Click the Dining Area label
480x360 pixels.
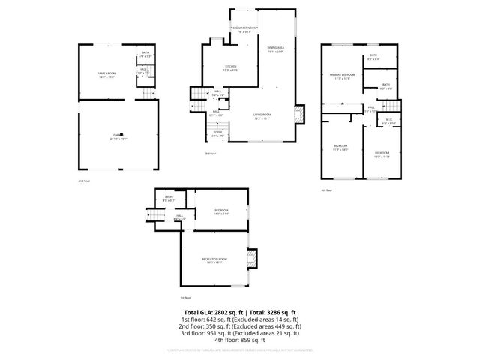pyautogui.click(x=275, y=49)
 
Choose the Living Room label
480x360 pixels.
pyautogui.click(x=262, y=116)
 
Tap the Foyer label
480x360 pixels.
pyautogui.click(x=217, y=136)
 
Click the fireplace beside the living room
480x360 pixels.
pyautogui.click(x=300, y=115)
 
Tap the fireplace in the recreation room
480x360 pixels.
pyautogui.click(x=253, y=259)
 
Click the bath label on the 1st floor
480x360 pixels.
pyautogui.click(x=169, y=199)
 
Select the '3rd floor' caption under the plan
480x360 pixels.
pyautogui.click(x=211, y=154)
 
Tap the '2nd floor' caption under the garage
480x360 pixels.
pyautogui.click(x=83, y=181)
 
